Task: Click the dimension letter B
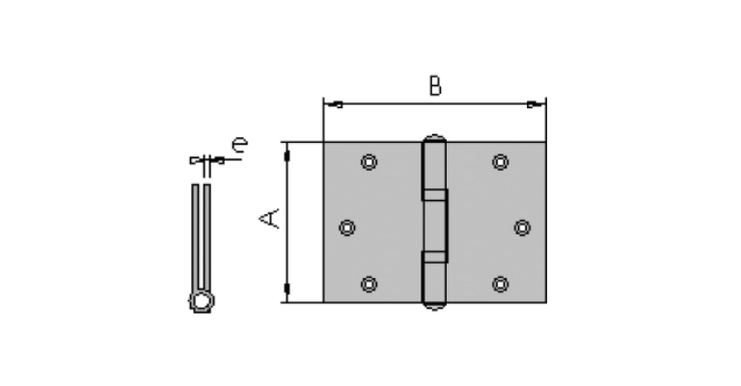[x=435, y=86]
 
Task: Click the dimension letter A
[x=269, y=218]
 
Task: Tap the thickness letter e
[x=239, y=144]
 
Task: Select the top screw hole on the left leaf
[x=369, y=162]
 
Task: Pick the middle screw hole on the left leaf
[x=347, y=228]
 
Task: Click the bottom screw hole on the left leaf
[x=369, y=285]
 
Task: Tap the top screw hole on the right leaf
[x=500, y=162]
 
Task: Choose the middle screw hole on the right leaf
[x=522, y=228]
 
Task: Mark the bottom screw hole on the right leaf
[x=500, y=285]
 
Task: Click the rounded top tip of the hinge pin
[x=434, y=137]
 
